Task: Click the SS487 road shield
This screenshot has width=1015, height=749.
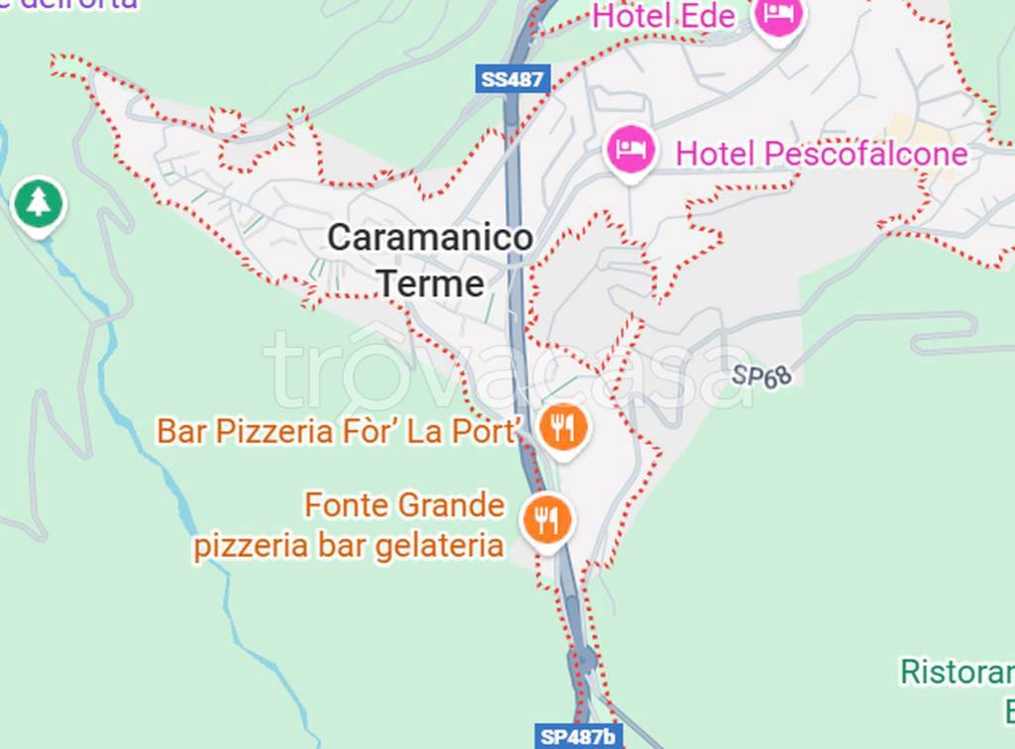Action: [512, 79]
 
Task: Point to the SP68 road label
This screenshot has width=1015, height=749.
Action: [762, 375]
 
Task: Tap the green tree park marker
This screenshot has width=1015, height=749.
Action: [39, 203]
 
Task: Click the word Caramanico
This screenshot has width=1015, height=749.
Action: [430, 238]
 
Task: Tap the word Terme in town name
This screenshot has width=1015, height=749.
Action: [431, 284]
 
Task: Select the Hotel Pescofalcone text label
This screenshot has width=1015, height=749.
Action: [821, 154]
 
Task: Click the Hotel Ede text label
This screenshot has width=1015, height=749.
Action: [664, 17]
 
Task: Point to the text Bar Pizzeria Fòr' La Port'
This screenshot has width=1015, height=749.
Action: [339, 431]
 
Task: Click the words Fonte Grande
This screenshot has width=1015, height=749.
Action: [404, 505]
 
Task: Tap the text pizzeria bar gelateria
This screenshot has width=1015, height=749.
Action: [349, 546]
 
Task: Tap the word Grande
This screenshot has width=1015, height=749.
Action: [452, 505]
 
